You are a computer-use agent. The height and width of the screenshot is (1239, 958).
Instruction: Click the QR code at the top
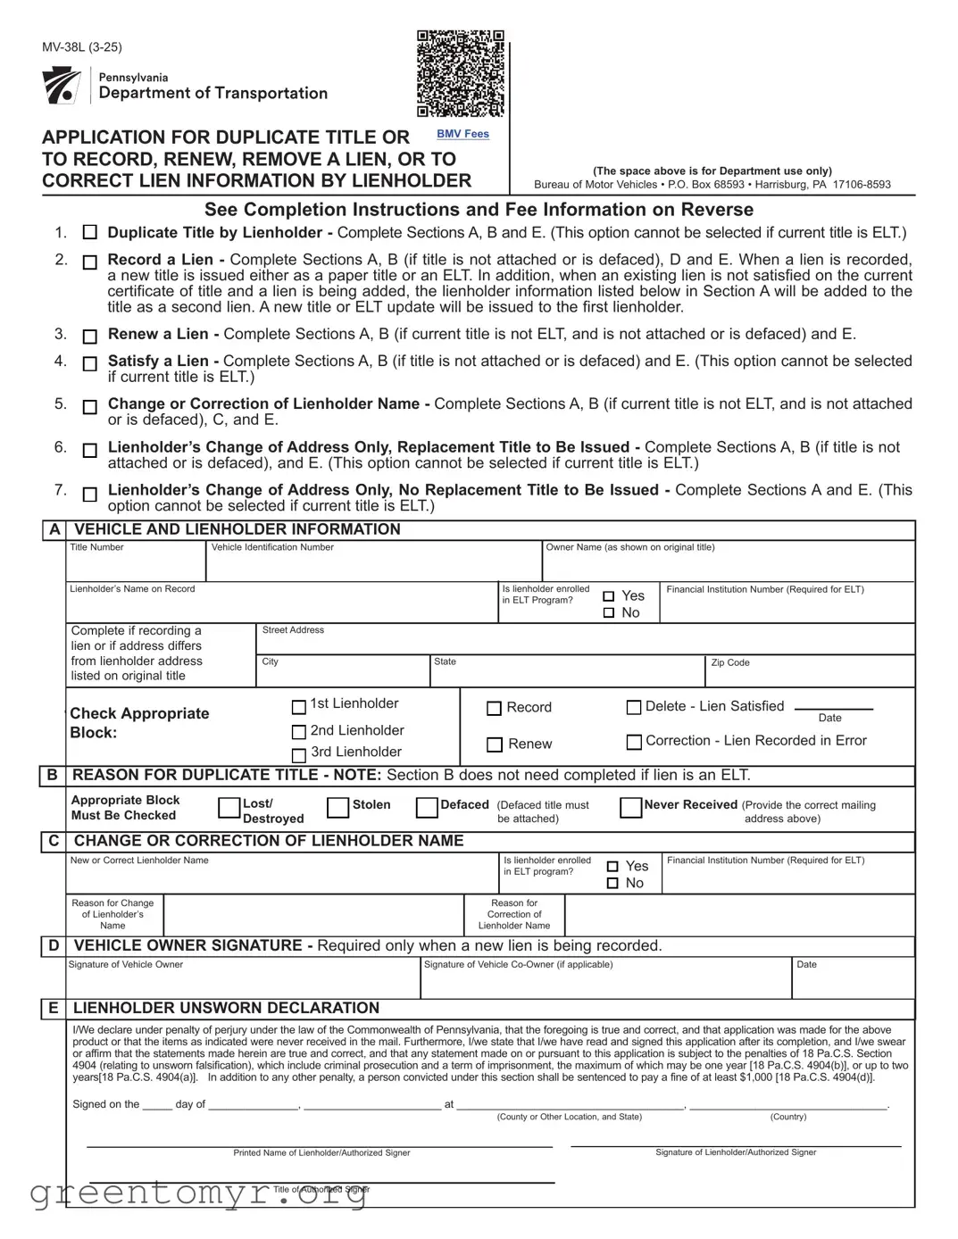coord(461,74)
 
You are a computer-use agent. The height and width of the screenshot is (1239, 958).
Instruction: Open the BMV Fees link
coord(462,134)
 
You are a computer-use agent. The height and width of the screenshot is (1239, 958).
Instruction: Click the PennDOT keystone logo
coord(62,86)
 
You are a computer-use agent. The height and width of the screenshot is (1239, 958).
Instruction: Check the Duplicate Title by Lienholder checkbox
coord(89,232)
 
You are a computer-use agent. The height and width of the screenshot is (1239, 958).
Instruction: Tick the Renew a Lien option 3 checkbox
coord(89,337)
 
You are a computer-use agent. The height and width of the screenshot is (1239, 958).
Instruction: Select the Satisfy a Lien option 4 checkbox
coord(89,363)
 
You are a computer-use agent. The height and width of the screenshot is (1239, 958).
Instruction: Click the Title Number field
coord(136,566)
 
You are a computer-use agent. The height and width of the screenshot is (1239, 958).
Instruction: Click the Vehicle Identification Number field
coord(375,566)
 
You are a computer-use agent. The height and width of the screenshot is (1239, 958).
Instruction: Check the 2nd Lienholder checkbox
coord(299,732)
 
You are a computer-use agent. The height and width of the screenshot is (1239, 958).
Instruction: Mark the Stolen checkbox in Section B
coord(337,808)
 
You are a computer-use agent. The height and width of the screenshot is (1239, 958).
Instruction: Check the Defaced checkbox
coord(427,808)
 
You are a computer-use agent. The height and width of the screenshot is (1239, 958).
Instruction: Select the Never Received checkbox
coord(630,808)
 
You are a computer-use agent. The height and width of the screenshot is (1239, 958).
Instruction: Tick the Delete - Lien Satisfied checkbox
coord(634,707)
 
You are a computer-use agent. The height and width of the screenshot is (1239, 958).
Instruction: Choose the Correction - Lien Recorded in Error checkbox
coord(634,742)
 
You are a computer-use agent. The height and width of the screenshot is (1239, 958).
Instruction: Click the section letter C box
coord(54,841)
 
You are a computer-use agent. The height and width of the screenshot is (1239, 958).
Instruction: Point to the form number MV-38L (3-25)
coord(82,47)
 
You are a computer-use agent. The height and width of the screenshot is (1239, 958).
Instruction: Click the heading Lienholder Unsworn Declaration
coord(226,1008)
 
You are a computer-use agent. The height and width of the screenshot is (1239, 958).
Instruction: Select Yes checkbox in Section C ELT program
coord(612,866)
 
